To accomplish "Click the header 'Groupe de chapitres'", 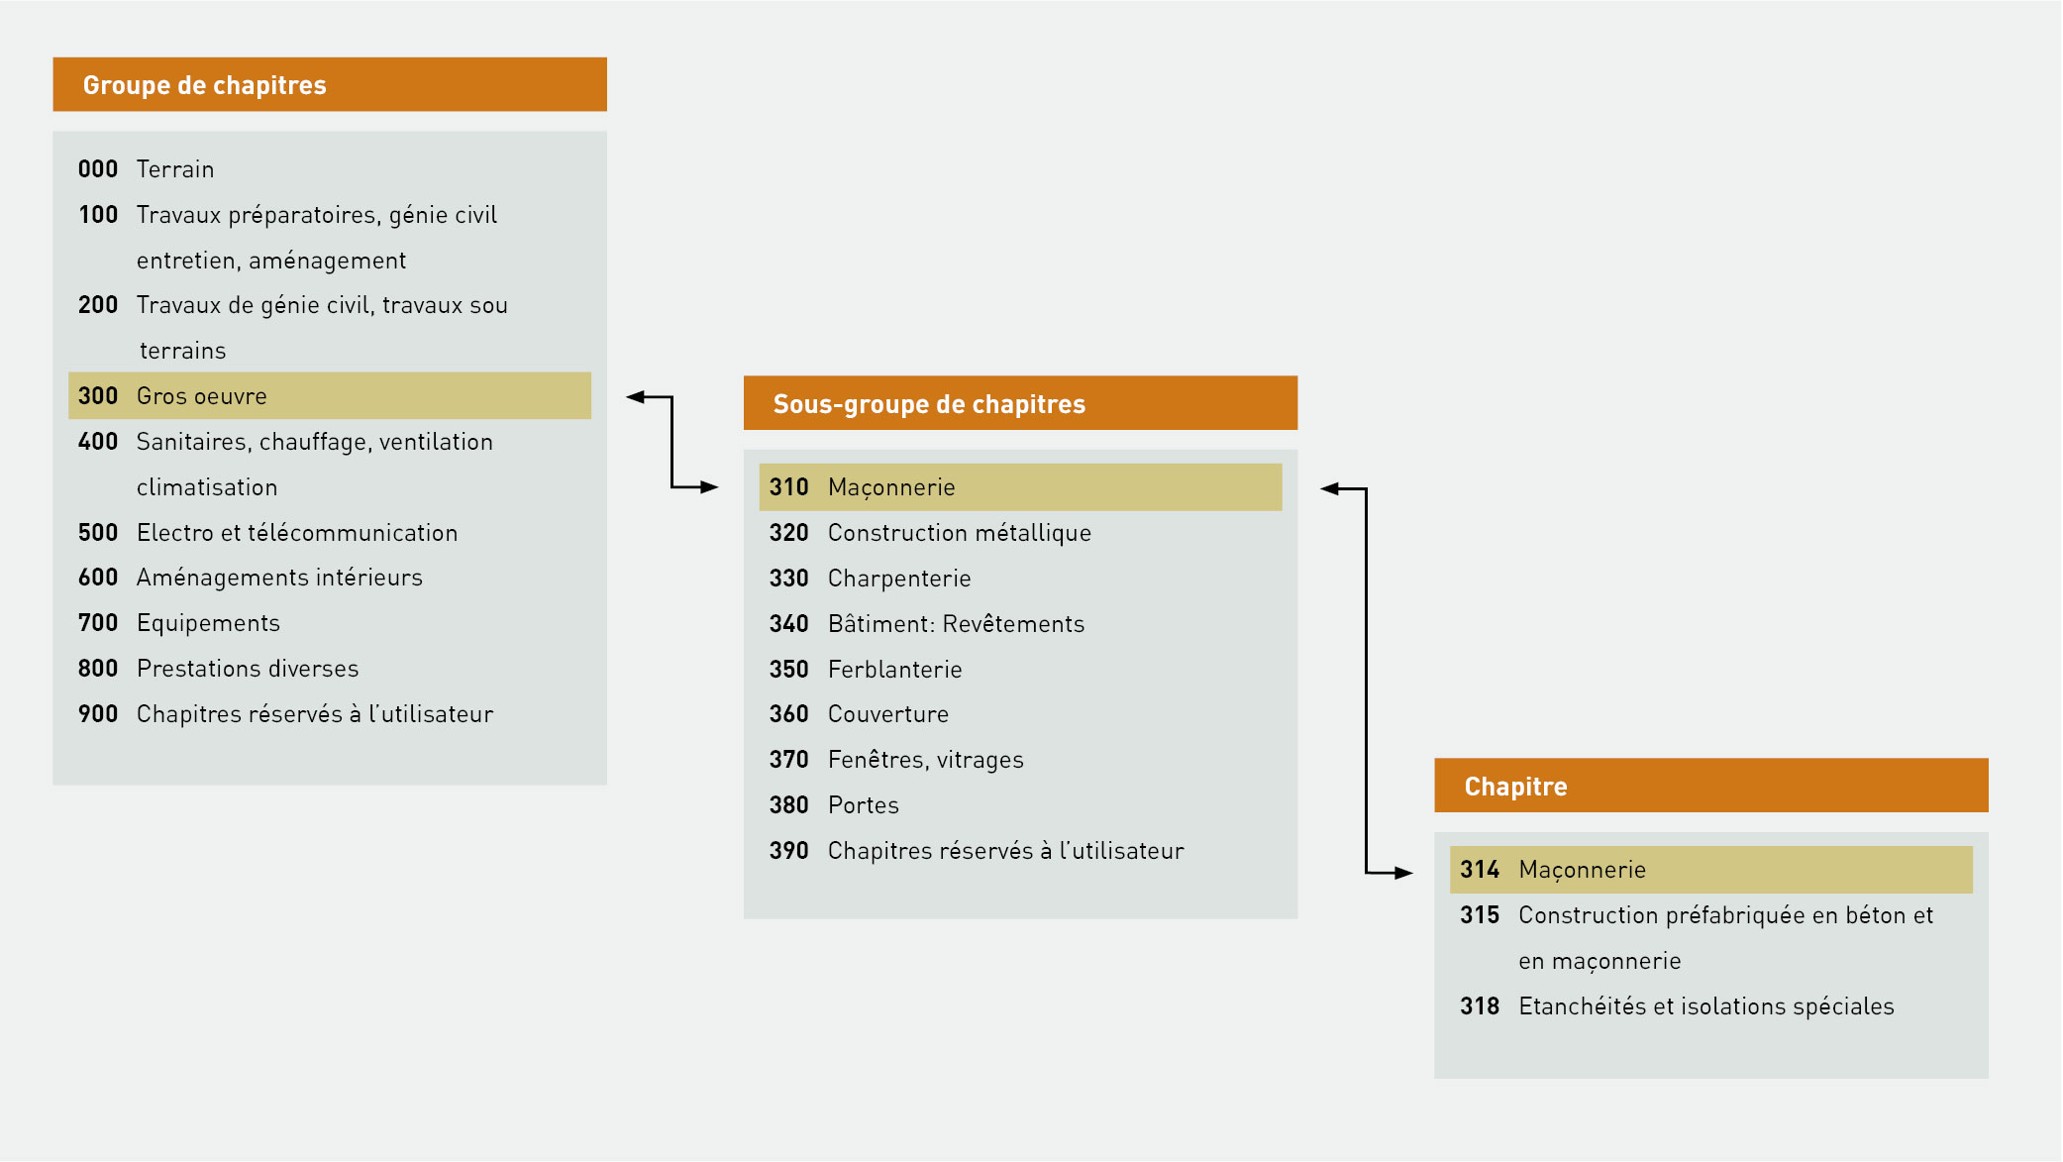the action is point(205,85).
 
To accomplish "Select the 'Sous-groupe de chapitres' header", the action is point(929,404).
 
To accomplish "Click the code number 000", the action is point(98,169).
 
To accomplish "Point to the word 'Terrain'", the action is point(175,169).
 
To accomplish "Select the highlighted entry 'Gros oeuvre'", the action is point(202,396).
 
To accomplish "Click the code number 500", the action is point(98,533).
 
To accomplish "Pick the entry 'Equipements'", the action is point(208,623).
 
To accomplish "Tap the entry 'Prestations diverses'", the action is point(248,669).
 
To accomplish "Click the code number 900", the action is point(98,714).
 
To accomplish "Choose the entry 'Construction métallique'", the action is point(960,533).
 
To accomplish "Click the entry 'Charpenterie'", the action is point(899,579).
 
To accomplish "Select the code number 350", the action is point(789,670).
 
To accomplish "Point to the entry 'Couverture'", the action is point(888,714).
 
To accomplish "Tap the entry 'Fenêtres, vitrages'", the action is point(926,760).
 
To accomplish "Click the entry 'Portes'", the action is point(864,805).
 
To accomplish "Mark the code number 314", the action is point(1480,870).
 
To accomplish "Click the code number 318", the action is point(1480,1006).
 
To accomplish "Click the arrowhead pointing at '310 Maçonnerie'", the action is point(709,486).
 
